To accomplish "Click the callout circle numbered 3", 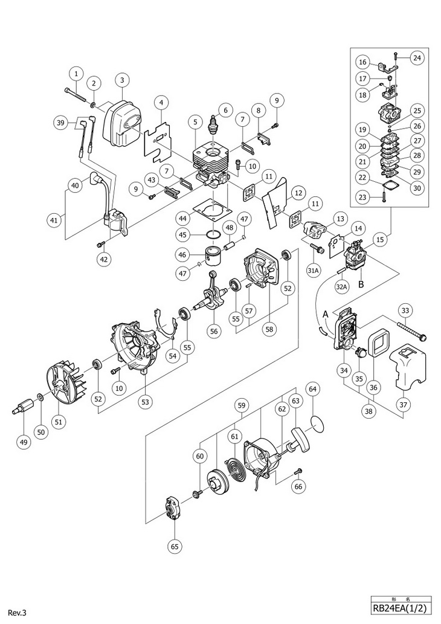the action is coord(122,80).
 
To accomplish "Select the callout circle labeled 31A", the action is coord(314,271).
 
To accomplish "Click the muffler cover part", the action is coord(123,121).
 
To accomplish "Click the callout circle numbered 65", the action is coord(175,547).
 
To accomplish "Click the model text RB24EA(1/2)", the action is coord(401,610).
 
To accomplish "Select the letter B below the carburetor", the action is coord(361,284).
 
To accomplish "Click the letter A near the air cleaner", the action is coord(325,314).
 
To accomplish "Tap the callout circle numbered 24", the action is coord(417,58).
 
